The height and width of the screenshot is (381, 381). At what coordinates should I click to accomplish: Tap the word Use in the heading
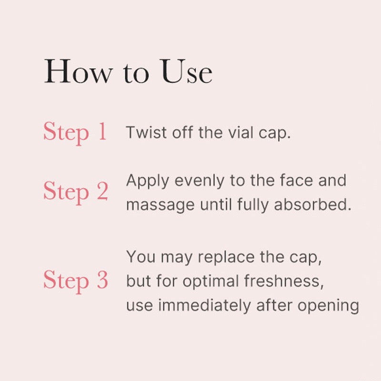187,72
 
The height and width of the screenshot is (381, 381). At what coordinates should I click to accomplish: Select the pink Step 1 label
75,132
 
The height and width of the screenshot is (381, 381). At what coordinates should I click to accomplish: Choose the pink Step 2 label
75,192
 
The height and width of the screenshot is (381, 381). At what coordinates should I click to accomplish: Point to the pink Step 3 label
75,281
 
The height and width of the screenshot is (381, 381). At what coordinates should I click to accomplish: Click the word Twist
141,133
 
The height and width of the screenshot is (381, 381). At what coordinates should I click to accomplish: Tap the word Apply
148,181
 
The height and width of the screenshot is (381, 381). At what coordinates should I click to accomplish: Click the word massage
160,205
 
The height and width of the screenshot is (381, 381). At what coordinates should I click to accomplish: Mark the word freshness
284,281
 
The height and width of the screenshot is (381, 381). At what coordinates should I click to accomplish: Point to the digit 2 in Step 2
102,192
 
